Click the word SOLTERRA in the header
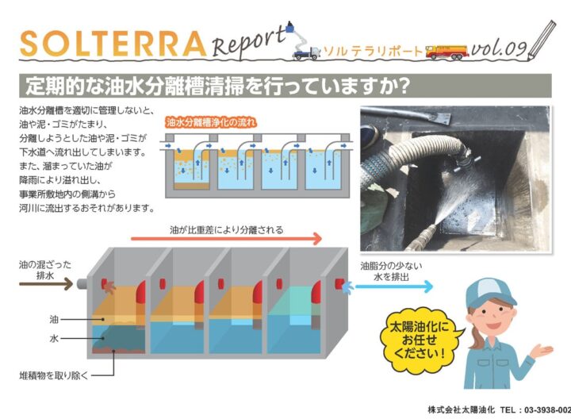point(112,44)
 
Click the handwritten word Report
point(248,40)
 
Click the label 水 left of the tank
point(54,339)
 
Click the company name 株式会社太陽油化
point(462,409)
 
